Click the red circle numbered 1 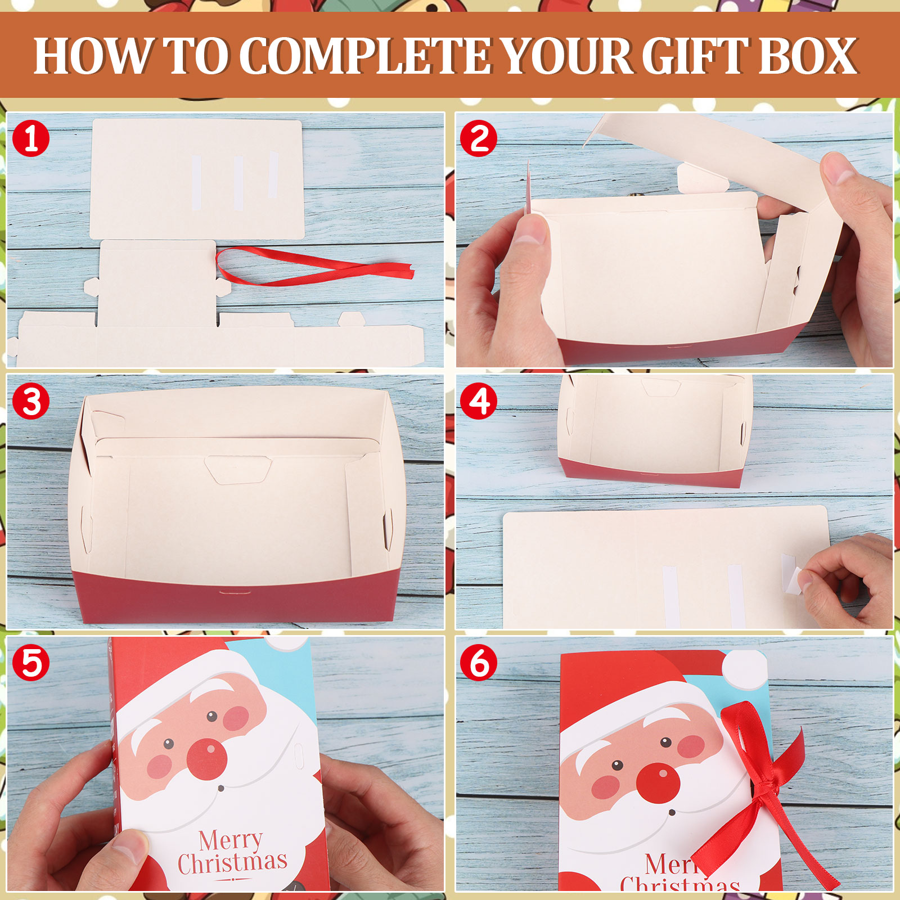click(31, 138)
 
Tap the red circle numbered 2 click(479, 138)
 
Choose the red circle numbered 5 click(31, 663)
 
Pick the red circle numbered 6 click(479, 663)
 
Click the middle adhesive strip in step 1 click(238, 183)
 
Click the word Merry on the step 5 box click(230, 840)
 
